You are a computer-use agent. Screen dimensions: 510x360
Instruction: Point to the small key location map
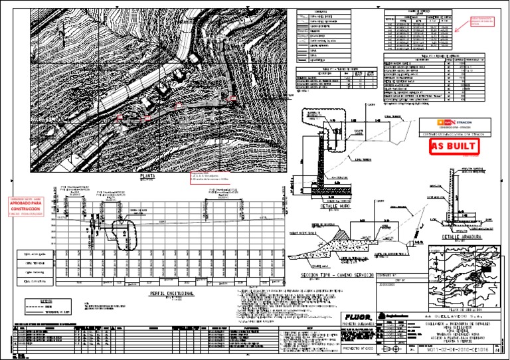pos(461,279)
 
